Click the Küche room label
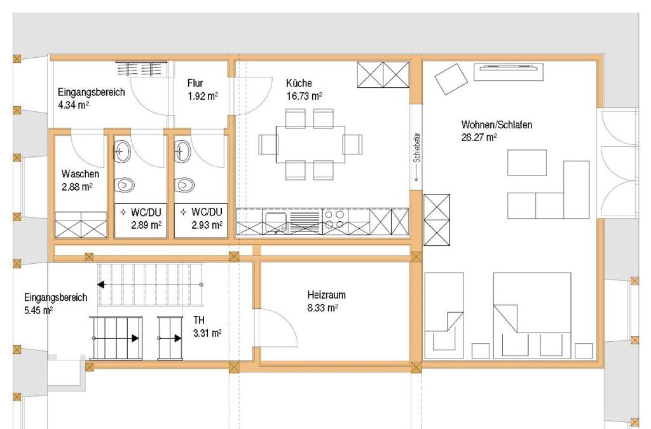pos(299,83)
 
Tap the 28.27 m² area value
pos(479,137)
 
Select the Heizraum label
pos(326,295)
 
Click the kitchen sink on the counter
pos(276,221)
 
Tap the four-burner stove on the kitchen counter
pos(334,220)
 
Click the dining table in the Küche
pos(310,144)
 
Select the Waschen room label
pos(79,174)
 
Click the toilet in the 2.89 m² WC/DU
pos(125,184)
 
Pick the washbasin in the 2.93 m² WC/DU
pos(183,151)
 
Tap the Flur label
pos(195,83)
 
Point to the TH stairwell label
pos(200,320)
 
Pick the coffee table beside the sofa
pos(526,163)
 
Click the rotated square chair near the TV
pos(451,79)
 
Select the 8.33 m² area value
pos(322,308)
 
